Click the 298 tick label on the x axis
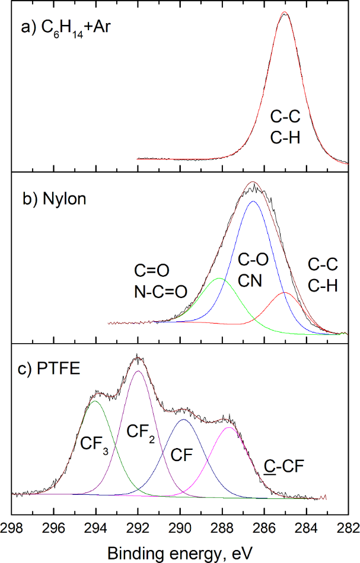12,527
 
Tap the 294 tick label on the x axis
97,527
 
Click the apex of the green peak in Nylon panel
219,278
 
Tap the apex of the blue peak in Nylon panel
253,201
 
